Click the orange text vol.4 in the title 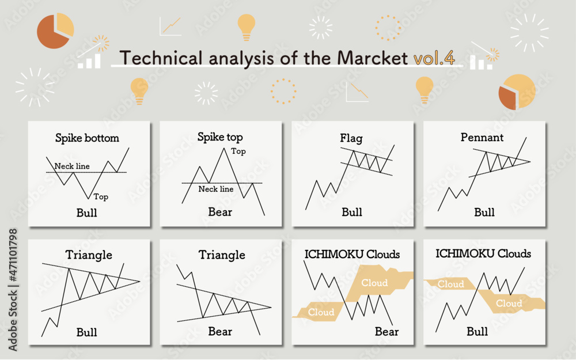[x=434, y=58]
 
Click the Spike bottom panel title [x=87, y=138]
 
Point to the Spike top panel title [x=220, y=137]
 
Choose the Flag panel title [x=351, y=138]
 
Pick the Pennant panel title [x=482, y=138]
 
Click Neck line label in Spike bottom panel [x=72, y=166]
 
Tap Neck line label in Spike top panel [x=216, y=189]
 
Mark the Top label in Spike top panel [x=238, y=151]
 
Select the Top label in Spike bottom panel [x=101, y=197]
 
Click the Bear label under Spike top [x=220, y=213]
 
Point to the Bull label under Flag [x=351, y=213]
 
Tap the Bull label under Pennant [x=484, y=213]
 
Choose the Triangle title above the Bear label [x=222, y=255]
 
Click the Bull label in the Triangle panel [x=87, y=332]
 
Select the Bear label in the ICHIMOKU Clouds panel [x=386, y=332]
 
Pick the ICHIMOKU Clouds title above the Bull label [x=483, y=254]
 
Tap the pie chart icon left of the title [x=55, y=31]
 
